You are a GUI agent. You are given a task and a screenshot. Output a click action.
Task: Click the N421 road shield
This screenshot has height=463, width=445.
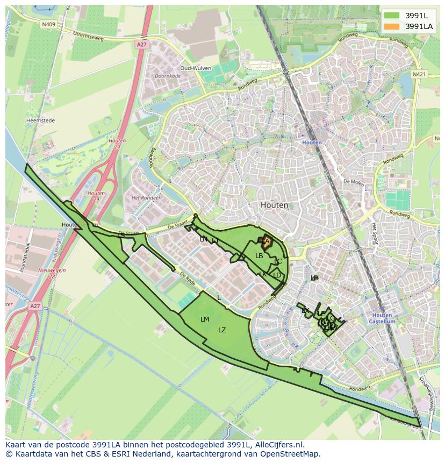pyautogui.click(x=419, y=74)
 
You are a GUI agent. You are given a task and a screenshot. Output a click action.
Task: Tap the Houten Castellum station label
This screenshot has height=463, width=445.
pyautogui.click(x=382, y=318)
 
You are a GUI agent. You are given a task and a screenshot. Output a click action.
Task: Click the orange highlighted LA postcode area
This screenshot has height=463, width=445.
pyautogui.click(x=266, y=242)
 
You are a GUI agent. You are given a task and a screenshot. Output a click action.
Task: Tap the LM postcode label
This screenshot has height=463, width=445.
pyautogui.click(x=204, y=319)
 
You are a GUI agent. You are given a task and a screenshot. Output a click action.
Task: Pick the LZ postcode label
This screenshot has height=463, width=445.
pyautogui.click(x=222, y=330)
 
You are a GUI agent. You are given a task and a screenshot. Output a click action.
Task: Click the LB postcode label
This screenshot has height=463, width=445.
pyautogui.click(x=259, y=256)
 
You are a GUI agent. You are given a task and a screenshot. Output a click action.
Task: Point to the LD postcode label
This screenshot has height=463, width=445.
pyautogui.click(x=277, y=275)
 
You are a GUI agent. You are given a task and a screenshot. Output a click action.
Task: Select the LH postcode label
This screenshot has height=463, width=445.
pyautogui.click(x=314, y=277)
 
